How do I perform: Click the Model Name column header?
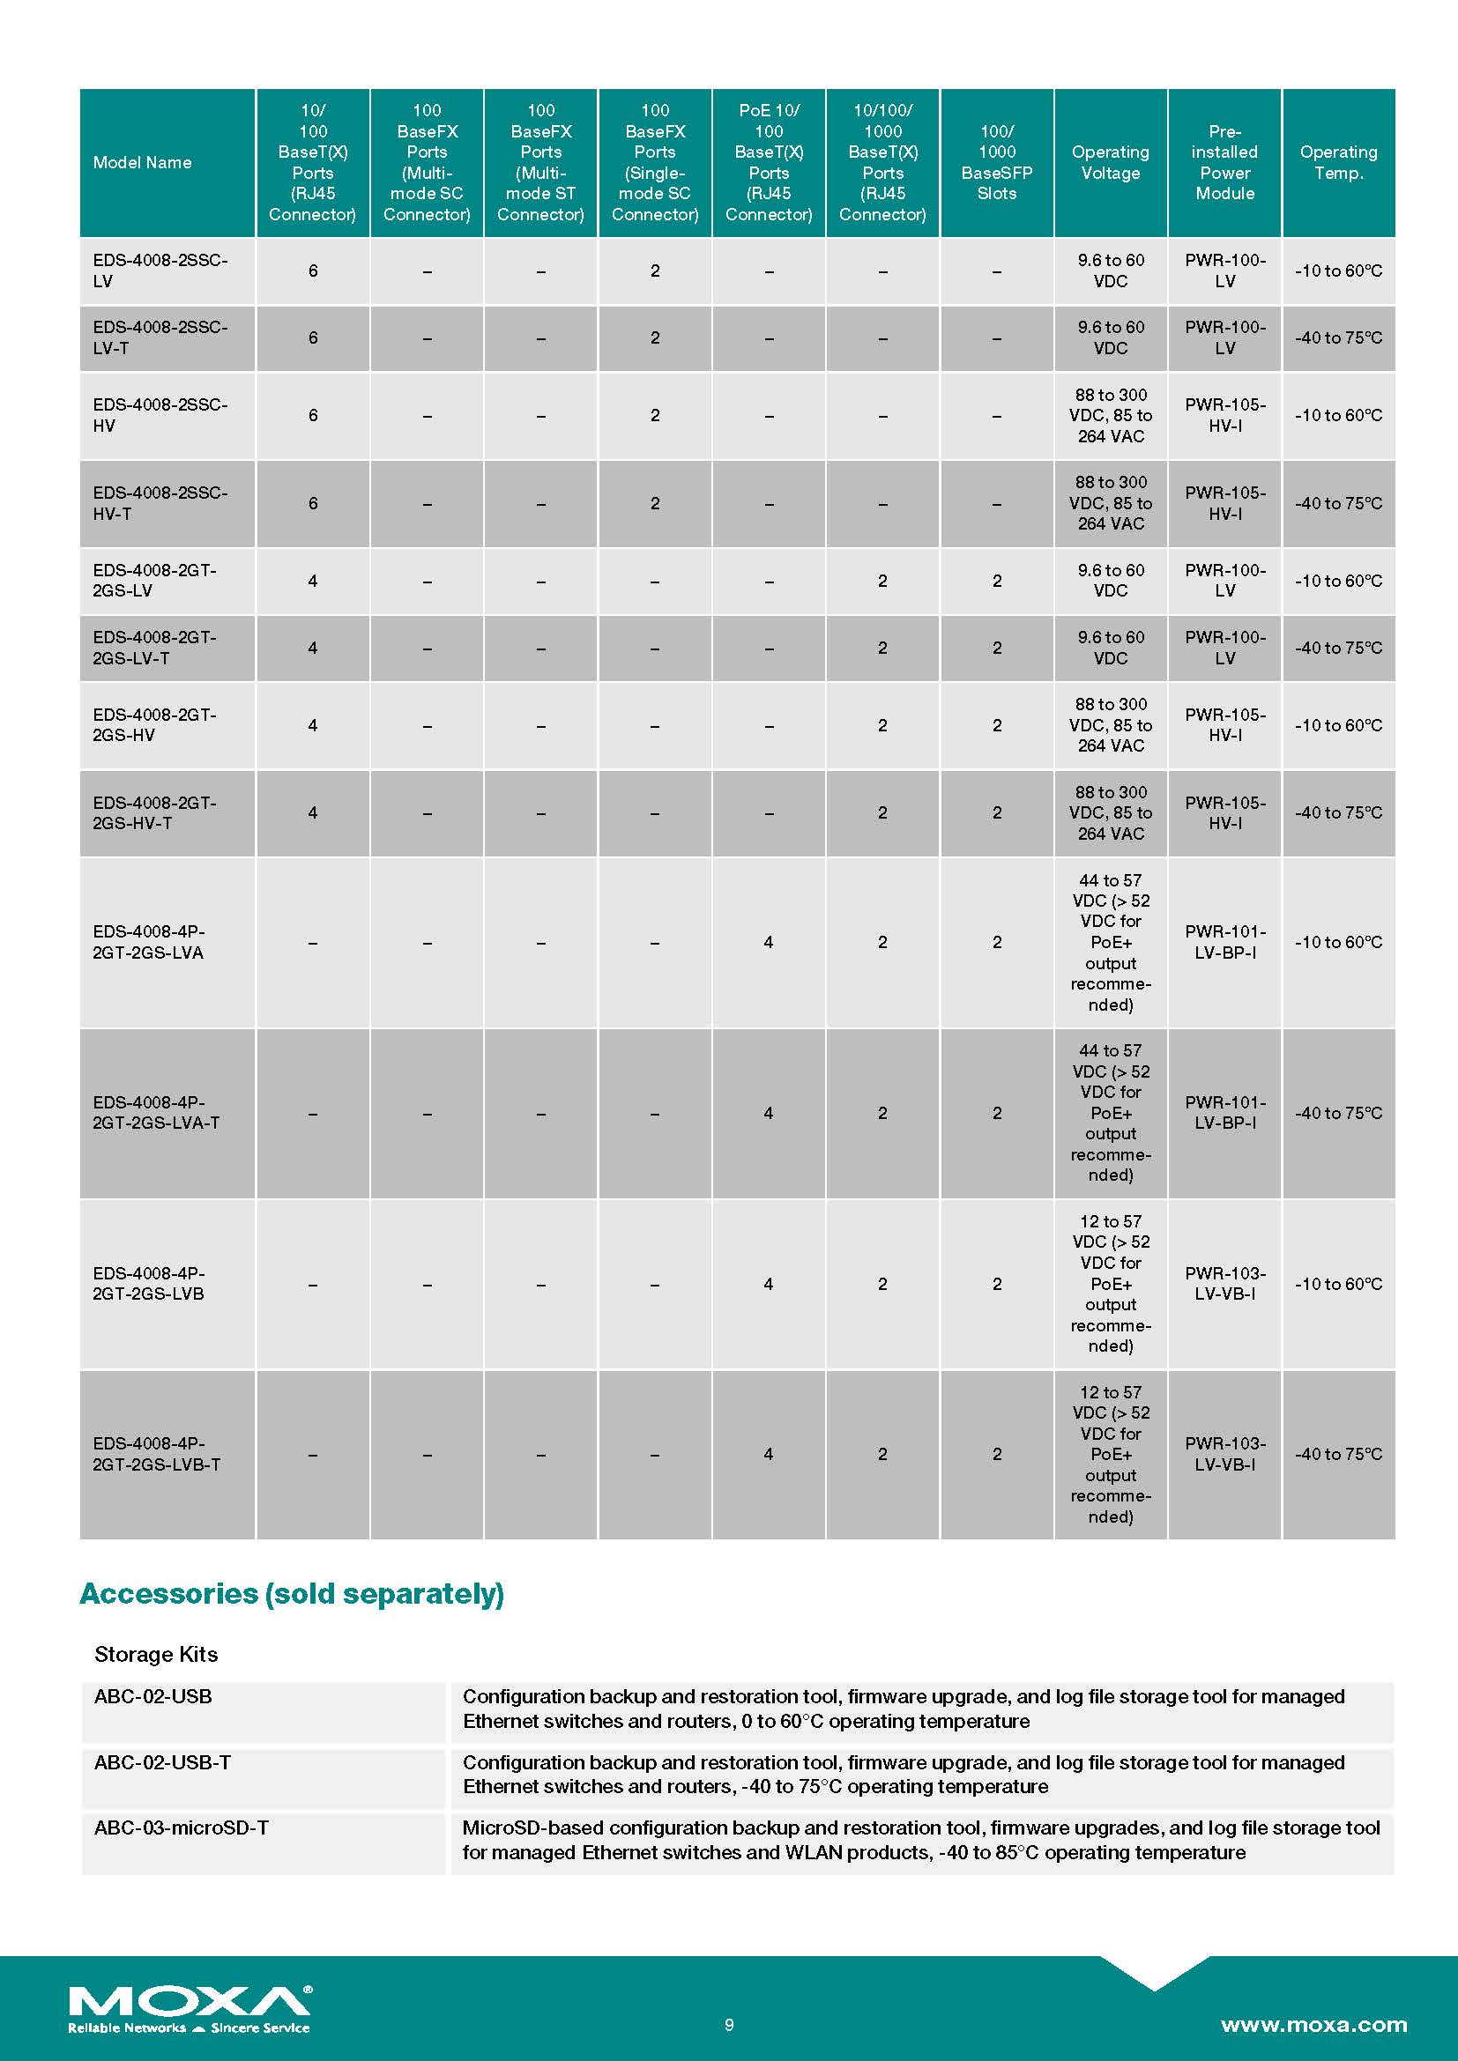click(142, 162)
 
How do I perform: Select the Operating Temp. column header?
click(1338, 162)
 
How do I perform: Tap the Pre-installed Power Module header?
click(1224, 162)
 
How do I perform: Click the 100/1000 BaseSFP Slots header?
click(997, 162)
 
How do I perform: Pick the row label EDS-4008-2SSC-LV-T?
click(160, 337)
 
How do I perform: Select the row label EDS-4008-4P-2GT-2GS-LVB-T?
click(156, 1453)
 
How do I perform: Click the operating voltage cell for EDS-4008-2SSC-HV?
click(1111, 416)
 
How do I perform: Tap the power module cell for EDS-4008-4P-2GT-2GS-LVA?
click(1224, 942)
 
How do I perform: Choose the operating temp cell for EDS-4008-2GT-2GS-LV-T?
click(1338, 648)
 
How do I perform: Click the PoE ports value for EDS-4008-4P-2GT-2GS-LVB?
click(769, 1284)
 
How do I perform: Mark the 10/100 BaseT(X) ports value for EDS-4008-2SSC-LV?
click(312, 271)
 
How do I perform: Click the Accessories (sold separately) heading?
click(292, 1593)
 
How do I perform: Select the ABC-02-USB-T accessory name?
click(162, 1762)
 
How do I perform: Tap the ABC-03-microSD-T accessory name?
click(182, 1827)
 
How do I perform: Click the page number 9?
click(729, 2024)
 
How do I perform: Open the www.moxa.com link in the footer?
click(1313, 2024)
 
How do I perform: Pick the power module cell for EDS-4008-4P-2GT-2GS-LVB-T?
click(1224, 1453)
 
